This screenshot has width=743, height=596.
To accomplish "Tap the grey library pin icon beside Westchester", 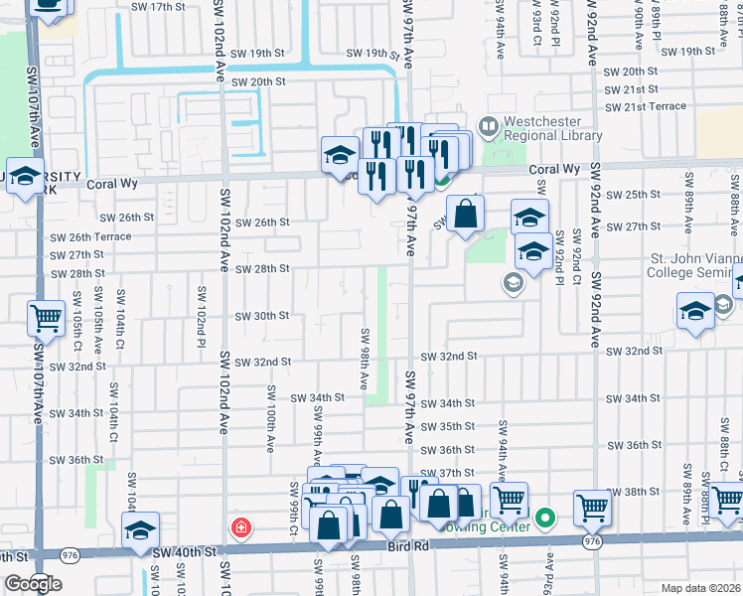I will tap(488, 126).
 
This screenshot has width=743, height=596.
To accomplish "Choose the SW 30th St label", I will tap(261, 316).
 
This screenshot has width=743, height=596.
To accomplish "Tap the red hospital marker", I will tap(239, 526).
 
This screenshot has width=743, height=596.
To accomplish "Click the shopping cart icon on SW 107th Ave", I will tap(46, 318).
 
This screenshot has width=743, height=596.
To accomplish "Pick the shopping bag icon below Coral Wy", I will tap(465, 212).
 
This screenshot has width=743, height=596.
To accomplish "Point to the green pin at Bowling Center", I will tap(544, 518).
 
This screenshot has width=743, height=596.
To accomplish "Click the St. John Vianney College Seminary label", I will tap(695, 267).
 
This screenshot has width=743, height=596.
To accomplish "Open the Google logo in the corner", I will tap(33, 584).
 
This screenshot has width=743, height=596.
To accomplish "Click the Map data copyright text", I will tap(701, 588).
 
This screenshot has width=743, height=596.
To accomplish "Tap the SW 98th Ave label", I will tap(365, 359).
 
